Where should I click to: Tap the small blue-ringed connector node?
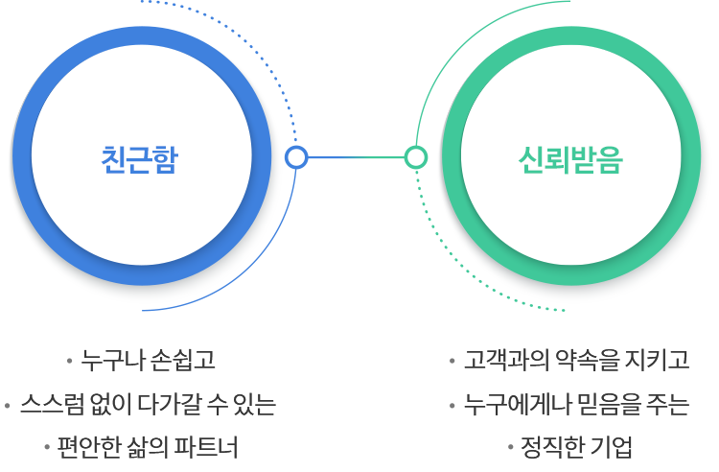pos(296,157)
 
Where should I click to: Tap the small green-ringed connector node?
pos(415,157)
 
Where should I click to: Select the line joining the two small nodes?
pos(356,157)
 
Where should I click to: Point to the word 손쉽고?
pos(186,361)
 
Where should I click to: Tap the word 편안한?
pos(89,447)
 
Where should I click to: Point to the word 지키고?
pos(659,361)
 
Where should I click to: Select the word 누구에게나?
pos(513,404)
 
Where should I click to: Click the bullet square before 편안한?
pos(47,447)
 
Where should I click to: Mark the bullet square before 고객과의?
pos(452,362)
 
